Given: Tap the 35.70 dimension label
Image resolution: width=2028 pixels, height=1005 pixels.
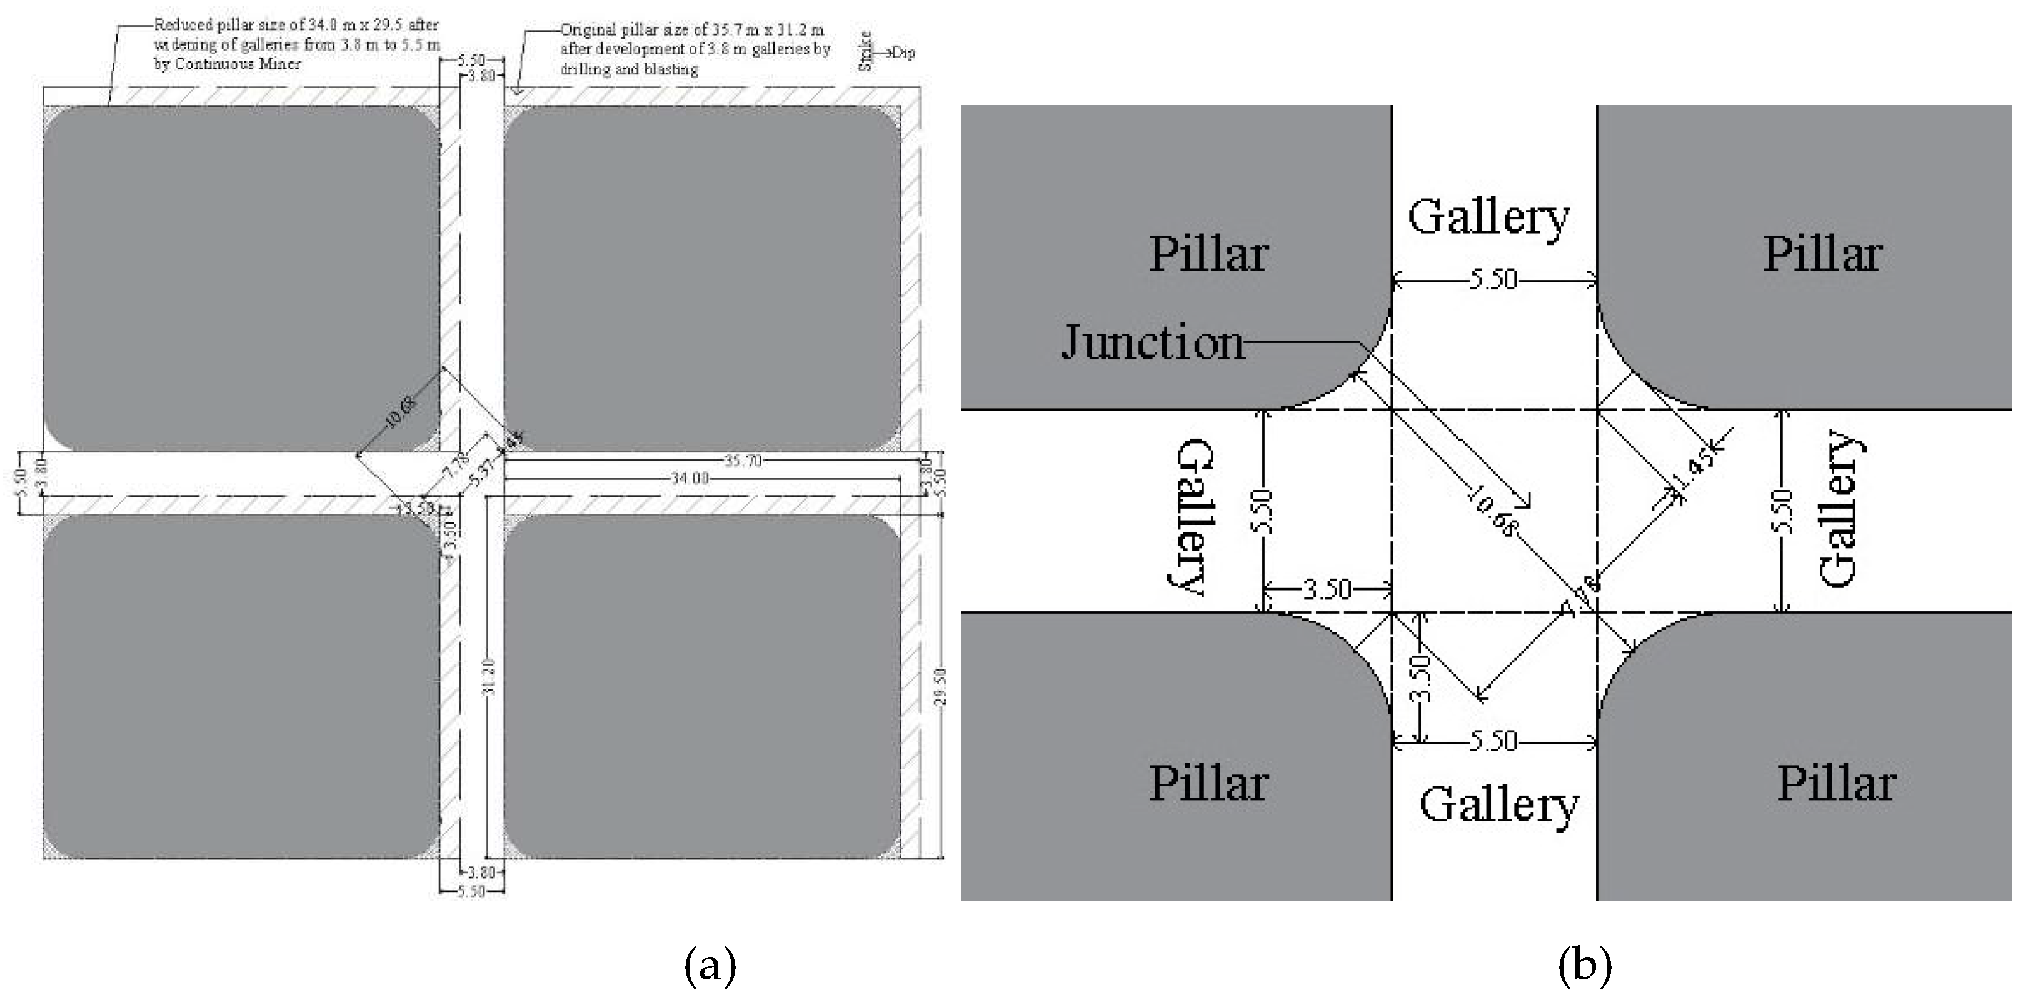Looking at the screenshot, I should click(743, 461).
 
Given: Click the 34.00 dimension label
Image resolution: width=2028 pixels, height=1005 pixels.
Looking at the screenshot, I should click(690, 477).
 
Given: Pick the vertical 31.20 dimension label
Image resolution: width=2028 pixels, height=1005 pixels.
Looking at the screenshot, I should click(489, 677).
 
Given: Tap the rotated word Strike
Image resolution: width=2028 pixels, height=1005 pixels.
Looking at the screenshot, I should click(865, 51).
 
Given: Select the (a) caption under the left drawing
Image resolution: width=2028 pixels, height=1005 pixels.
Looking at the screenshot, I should click(710, 966).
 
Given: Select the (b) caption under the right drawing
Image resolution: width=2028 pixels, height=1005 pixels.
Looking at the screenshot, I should click(1584, 966).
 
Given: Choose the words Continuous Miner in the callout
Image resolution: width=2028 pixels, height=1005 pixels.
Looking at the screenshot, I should click(238, 64).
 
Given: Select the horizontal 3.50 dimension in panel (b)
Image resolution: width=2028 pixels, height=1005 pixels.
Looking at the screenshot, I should click(1327, 589).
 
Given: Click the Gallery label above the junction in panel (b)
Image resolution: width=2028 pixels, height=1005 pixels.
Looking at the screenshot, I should click(1488, 218).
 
